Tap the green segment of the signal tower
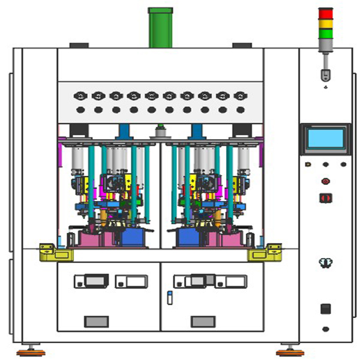pyautogui.click(x=325, y=34)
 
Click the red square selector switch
pyautogui.click(x=325, y=197)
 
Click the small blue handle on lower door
pyautogui.click(x=169, y=298)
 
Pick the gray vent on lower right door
pyautogui.click(x=201, y=321)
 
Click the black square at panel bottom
pyautogui.click(x=325, y=308)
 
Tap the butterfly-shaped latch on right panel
pyautogui.click(x=325, y=263)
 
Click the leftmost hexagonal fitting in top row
pyautogui.click(x=80, y=95)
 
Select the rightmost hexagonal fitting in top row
pyautogui.click(x=241, y=95)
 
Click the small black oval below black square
pyautogui.click(x=325, y=329)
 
